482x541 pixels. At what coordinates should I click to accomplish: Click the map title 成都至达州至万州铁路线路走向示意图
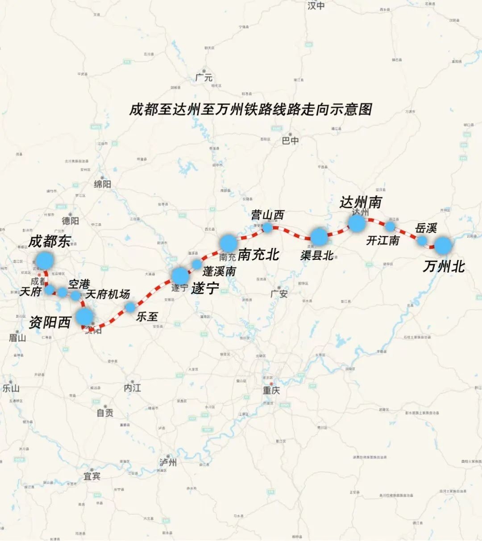point(251,109)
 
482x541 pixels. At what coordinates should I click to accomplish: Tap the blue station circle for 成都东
point(45,261)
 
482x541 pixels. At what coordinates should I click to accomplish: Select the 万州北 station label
point(444,266)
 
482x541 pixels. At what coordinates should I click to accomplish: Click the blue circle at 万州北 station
point(443,246)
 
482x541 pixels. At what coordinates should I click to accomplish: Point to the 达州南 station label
point(361,202)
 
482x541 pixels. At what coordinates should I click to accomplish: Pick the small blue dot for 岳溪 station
point(422,241)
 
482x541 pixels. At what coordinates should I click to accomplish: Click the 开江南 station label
point(382,241)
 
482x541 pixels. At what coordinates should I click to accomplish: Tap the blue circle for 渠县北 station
point(319,237)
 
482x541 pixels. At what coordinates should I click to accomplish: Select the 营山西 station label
point(267,215)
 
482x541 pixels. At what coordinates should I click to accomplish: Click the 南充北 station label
point(258,254)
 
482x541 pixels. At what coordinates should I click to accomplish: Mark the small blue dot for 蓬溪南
point(197,264)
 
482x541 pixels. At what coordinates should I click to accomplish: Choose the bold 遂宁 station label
point(205,289)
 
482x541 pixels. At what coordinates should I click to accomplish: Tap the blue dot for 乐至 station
point(130,307)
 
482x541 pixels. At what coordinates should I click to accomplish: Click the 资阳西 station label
point(50,322)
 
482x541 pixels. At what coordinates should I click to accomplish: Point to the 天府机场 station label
point(108,294)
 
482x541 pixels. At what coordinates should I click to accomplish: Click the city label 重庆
point(271,390)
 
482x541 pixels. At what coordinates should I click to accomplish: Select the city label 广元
point(204,77)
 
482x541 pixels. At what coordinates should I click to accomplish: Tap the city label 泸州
point(168,462)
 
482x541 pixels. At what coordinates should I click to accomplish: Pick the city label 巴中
point(290,141)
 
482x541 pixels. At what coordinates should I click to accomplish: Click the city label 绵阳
point(102,184)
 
